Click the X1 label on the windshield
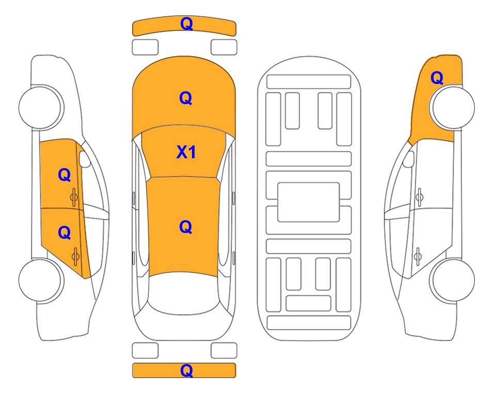(x=186, y=152)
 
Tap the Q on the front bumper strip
(x=186, y=24)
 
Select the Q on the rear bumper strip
(x=186, y=370)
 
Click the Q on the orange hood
(x=186, y=98)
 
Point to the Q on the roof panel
(x=186, y=227)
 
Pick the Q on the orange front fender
(x=437, y=78)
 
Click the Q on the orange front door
(x=65, y=175)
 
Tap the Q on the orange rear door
(x=65, y=233)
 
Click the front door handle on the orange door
(x=74, y=197)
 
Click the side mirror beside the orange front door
(x=84, y=159)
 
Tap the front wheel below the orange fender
(x=452, y=107)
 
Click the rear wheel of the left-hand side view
(x=41, y=280)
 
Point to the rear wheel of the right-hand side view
(x=452, y=280)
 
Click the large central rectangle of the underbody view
(x=309, y=202)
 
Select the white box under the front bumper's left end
(x=145, y=47)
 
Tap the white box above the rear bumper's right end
(x=224, y=351)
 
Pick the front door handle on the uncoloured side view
(x=419, y=197)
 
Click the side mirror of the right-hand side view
(x=409, y=159)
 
